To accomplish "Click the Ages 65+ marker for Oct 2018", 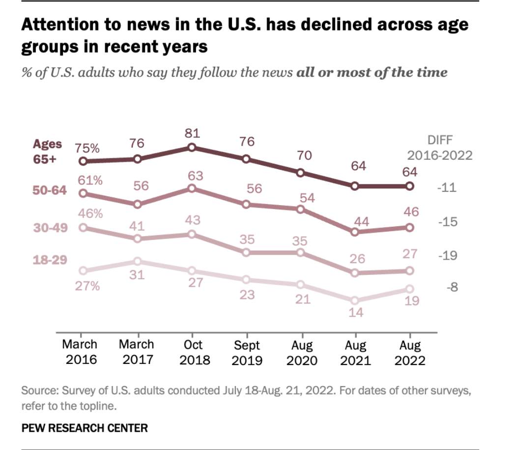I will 192,147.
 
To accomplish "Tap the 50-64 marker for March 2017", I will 138,204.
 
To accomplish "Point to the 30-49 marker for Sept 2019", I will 247,253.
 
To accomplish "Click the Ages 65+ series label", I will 48,152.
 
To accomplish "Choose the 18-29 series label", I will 49,260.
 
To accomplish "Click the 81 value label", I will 192,134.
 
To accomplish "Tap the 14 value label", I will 355,312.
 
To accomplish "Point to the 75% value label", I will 87,148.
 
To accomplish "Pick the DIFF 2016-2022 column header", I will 440,148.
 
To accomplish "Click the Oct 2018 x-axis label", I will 192,353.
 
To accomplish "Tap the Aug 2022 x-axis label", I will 409,353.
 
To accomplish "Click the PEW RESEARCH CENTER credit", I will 85,428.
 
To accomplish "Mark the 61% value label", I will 90,180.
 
